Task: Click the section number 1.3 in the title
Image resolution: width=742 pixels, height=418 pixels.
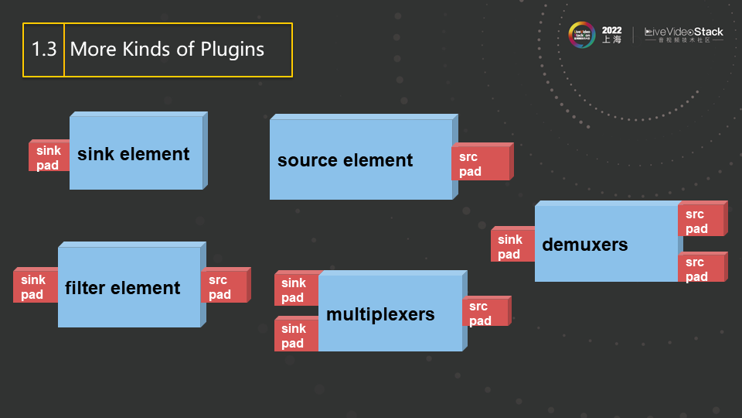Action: coord(43,50)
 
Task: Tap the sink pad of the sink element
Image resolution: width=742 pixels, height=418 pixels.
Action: coord(49,157)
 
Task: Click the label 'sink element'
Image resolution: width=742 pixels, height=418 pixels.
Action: coord(133,154)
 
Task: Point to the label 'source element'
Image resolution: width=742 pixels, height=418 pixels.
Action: coord(345,160)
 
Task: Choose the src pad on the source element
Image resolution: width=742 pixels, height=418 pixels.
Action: coord(480,163)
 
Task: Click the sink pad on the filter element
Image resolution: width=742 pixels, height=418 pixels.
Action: coord(34,286)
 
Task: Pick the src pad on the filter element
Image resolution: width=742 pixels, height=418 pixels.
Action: coord(223,286)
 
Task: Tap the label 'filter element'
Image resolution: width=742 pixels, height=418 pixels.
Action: coord(122,288)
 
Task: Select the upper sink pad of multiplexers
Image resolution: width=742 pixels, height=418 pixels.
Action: coord(295,290)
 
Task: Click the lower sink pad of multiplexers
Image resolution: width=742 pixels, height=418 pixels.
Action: coord(295,335)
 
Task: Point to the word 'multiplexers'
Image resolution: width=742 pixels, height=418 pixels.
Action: coord(380,314)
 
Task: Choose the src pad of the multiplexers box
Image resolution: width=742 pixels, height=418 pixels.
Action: coord(485,313)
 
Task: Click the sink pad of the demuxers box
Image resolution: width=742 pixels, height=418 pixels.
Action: coord(512,246)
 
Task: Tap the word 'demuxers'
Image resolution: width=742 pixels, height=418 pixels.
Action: coord(585,245)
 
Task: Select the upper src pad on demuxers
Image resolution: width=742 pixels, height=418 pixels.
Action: coord(700,221)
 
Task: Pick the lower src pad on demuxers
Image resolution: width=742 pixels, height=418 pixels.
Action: coord(700,269)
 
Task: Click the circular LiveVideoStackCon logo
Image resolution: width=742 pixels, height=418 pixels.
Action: coord(581,34)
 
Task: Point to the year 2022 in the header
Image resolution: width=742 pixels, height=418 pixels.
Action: coord(611,30)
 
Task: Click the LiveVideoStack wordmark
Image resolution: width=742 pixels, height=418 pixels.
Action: coord(684,33)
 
